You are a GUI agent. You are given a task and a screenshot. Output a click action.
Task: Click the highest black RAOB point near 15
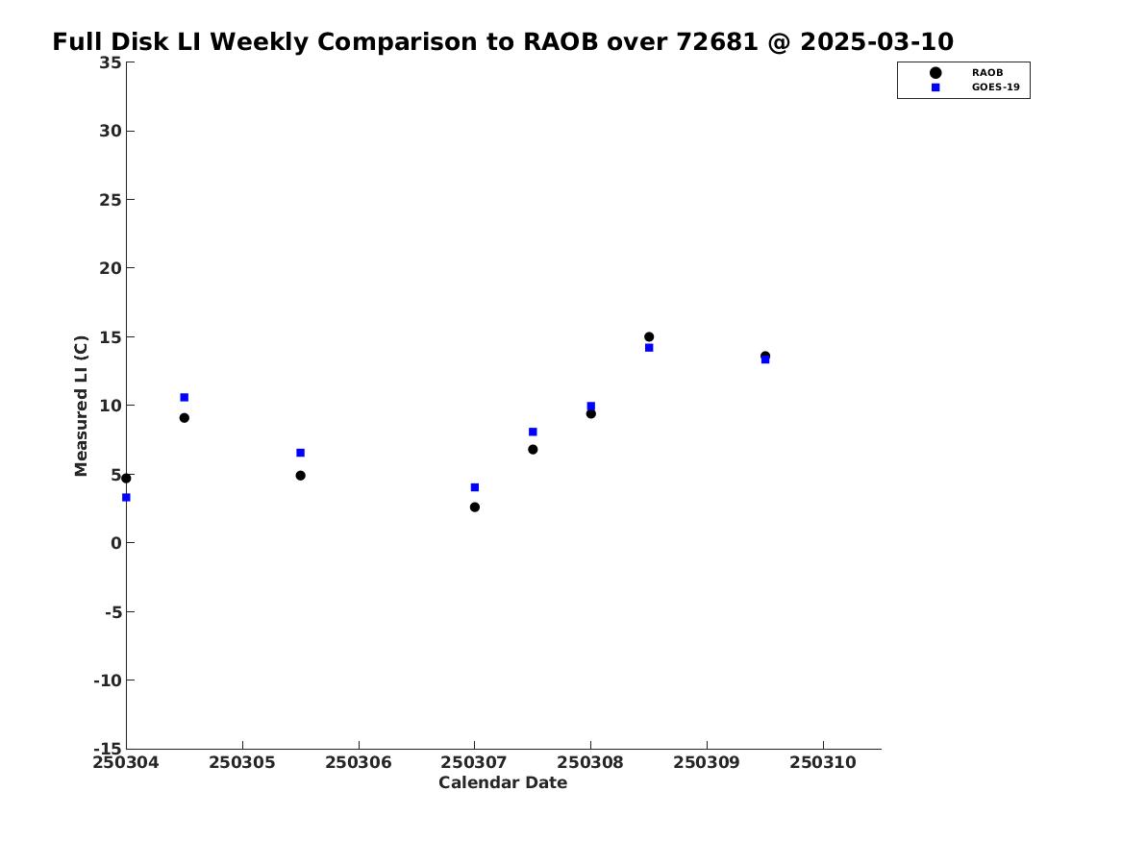649,336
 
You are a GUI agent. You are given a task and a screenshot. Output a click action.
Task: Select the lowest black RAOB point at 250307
474,507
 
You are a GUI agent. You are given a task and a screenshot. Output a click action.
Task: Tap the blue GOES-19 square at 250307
474,487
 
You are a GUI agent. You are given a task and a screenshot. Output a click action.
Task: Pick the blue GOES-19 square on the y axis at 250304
126,497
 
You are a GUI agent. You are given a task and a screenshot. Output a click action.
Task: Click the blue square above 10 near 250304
184,397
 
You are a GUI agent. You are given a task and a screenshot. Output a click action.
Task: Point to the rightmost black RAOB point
765,357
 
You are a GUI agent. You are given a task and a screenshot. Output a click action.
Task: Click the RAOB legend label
986,72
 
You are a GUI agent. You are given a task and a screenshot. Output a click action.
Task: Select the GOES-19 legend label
995,87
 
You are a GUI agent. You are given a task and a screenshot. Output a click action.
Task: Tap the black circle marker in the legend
935,72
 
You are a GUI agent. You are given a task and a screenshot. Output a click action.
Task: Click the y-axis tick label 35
111,62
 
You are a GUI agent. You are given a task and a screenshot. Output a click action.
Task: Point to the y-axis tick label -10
108,680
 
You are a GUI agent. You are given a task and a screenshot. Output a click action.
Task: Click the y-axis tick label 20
111,268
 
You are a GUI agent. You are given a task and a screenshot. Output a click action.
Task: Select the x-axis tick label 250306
359,762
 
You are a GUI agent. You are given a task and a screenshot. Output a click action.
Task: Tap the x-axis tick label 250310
823,762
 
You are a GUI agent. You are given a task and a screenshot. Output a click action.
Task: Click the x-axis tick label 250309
707,762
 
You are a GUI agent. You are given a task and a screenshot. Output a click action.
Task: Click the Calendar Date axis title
503,782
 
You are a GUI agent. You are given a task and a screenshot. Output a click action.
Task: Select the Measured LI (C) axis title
81,406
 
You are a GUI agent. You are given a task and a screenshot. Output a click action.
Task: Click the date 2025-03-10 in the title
877,41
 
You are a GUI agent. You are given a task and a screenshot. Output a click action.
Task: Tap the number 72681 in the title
717,41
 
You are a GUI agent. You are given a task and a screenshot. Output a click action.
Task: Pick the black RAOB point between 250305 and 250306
301,476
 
